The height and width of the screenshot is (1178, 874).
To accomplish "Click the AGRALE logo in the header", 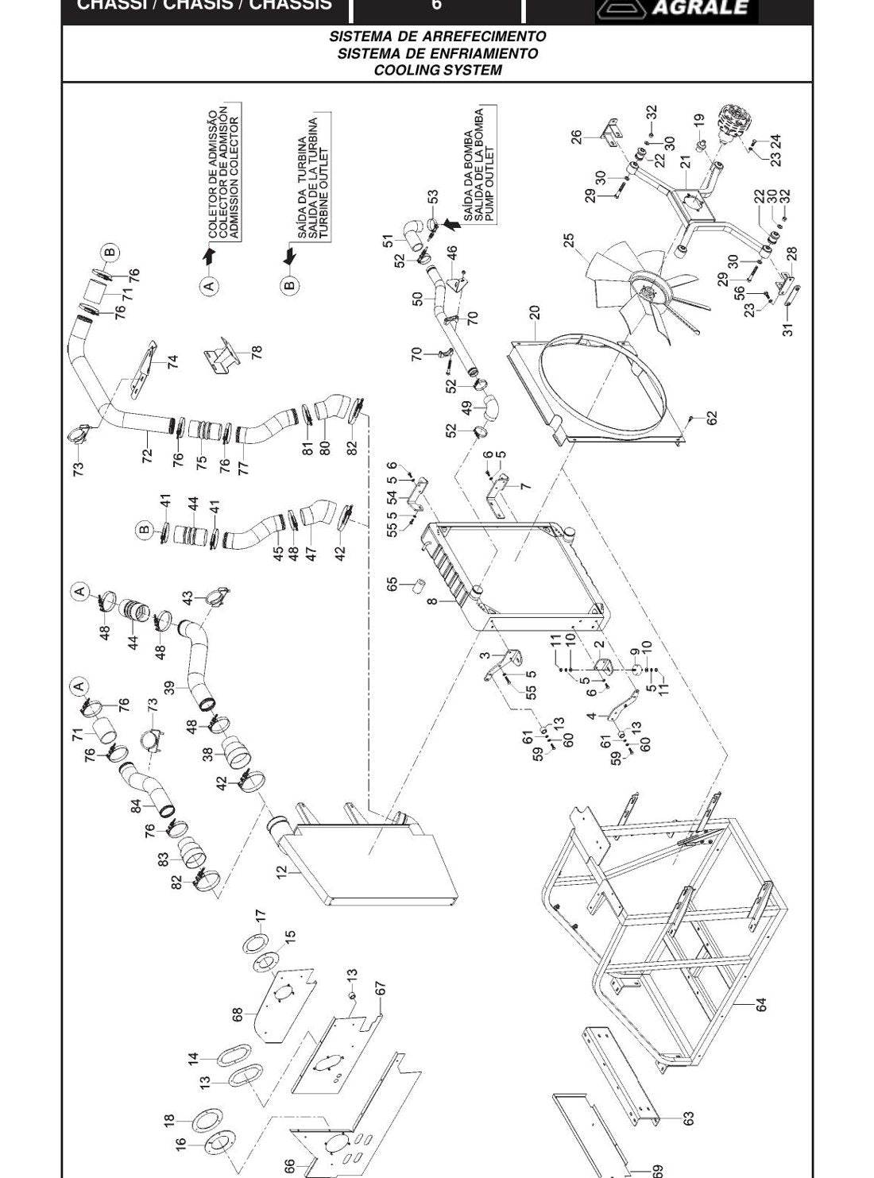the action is pyautogui.click(x=676, y=9).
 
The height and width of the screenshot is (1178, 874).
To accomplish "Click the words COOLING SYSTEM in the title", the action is pyautogui.click(x=437, y=70).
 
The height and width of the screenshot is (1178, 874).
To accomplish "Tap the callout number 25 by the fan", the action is pyautogui.click(x=570, y=241).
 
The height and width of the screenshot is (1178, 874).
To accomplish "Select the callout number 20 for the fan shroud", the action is pyautogui.click(x=535, y=312).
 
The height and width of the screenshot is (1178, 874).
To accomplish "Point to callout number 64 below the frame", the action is pyautogui.click(x=761, y=1005).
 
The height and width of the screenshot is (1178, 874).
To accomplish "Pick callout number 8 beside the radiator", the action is pyautogui.click(x=432, y=601).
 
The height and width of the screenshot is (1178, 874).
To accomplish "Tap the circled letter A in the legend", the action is pyautogui.click(x=210, y=285).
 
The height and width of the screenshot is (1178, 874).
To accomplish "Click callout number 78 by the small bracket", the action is pyautogui.click(x=257, y=352).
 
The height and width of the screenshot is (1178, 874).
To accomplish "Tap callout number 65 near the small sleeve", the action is pyautogui.click(x=392, y=584).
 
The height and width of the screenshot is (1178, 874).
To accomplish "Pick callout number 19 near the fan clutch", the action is pyautogui.click(x=699, y=121).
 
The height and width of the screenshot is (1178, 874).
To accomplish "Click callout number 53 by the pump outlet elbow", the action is pyautogui.click(x=433, y=196).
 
